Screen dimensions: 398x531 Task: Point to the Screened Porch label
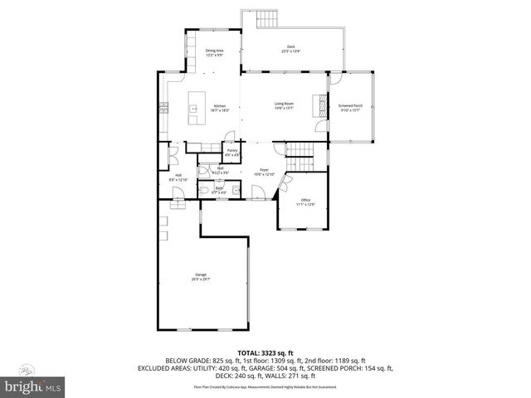tap(350, 108)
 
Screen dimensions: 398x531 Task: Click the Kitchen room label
tap(220, 108)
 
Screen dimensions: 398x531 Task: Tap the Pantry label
tap(232, 153)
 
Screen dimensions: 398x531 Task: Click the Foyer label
tap(264, 172)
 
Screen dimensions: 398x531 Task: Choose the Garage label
tap(201, 277)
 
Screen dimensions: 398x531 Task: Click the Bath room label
tap(219, 191)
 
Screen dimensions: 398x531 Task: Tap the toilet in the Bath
tap(204, 192)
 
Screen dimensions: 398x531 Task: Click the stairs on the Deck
tap(267, 19)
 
